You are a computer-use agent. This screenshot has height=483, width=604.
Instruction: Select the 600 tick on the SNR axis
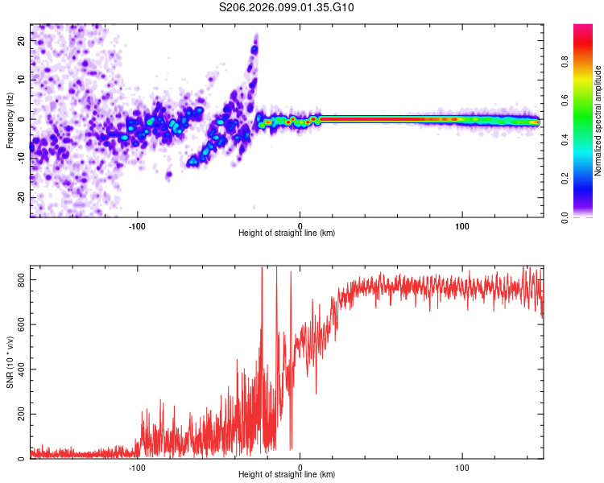(20, 324)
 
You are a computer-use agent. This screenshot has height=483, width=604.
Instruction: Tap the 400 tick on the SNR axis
(20, 369)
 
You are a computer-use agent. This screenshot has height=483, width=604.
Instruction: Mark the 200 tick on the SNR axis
(20, 414)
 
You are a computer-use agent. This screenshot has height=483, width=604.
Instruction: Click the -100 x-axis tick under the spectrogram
(138, 225)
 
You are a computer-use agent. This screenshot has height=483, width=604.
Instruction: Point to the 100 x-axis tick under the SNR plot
(462, 467)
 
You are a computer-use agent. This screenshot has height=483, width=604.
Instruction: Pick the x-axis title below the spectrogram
(287, 233)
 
